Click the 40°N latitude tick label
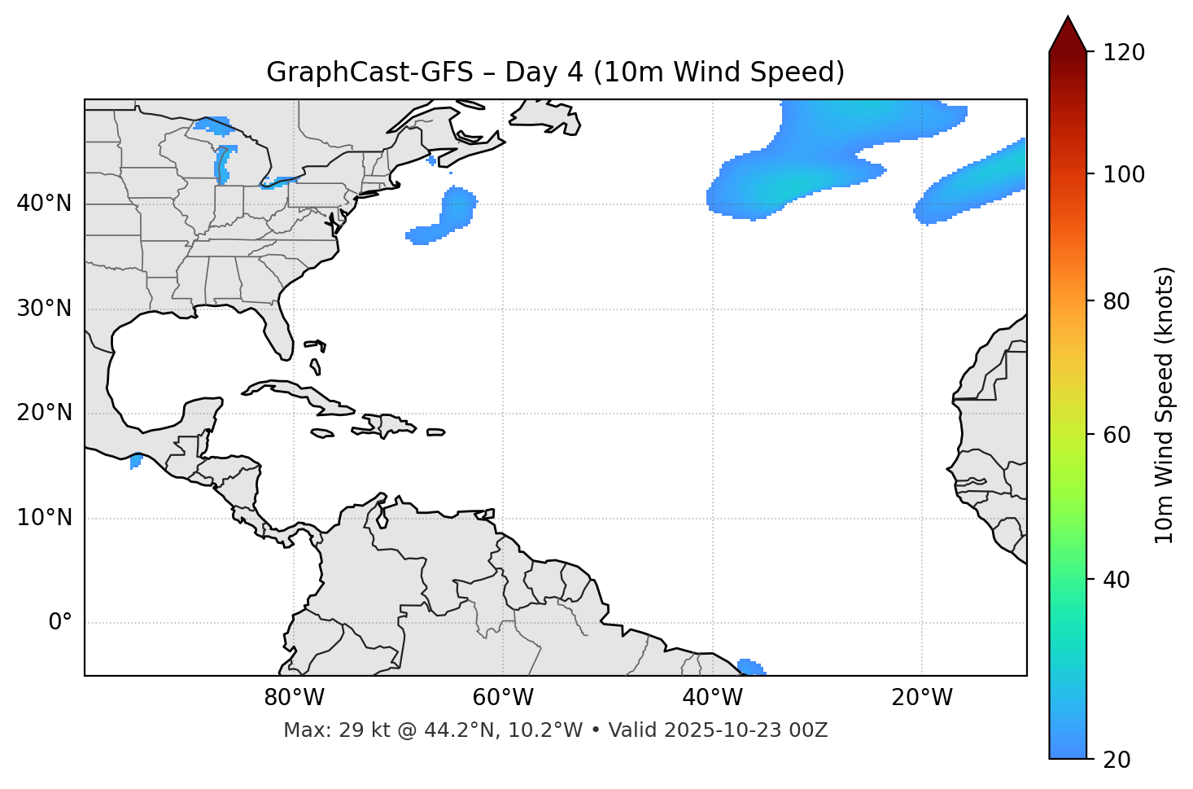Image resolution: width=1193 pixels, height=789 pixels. click(44, 204)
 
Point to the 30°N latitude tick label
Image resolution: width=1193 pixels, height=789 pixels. click(44, 309)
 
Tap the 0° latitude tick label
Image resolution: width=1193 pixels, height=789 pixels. click(59, 623)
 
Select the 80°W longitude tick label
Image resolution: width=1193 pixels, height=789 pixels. click(294, 698)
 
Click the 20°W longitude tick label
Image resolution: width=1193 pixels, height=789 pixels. click(922, 698)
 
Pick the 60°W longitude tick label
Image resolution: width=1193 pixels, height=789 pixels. click(503, 698)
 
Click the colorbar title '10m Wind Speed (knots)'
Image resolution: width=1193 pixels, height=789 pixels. click(1165, 405)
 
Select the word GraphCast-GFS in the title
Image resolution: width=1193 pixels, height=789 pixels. click(369, 72)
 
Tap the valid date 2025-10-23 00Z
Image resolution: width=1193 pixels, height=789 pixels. click(745, 730)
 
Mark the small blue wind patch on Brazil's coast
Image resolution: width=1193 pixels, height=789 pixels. click(750, 667)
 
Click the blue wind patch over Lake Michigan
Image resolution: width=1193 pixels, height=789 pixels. click(222, 164)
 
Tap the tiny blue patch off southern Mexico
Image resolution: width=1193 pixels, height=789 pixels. click(135, 462)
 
